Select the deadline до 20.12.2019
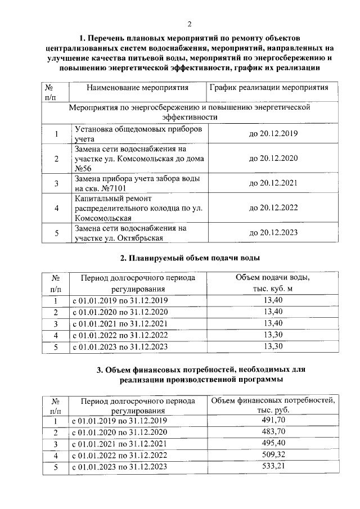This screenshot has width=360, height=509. [x=273, y=134]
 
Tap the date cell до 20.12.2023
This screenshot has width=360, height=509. [x=273, y=232]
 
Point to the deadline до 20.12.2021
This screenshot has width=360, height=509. [x=273, y=183]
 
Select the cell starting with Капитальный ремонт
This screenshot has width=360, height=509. [x=138, y=208]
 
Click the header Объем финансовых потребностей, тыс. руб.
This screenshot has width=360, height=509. [x=273, y=406]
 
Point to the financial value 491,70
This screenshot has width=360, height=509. [x=273, y=421]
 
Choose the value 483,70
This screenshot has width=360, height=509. [x=273, y=433]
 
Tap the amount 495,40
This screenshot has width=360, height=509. [x=273, y=444]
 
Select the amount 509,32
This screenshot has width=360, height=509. [x=273, y=456]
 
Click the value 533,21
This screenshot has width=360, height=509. [x=273, y=467]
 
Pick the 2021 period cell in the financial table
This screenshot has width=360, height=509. [x=120, y=444]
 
